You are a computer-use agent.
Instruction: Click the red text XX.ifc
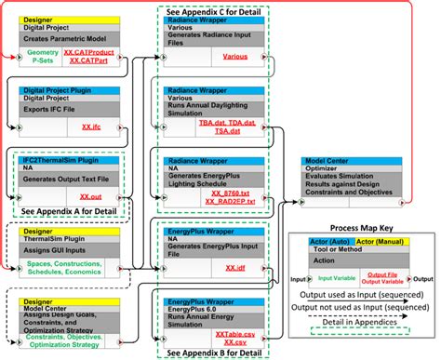90,125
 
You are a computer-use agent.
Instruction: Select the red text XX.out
91,196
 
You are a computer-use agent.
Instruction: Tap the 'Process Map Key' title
362,227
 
